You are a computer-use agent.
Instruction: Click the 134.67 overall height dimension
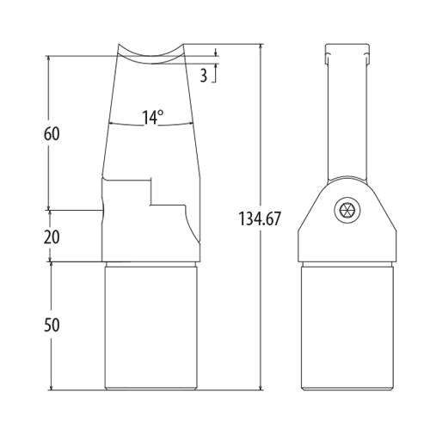pos(261,218)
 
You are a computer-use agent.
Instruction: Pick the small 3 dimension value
pos(203,75)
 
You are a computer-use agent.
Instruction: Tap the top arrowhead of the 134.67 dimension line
pos(261,45)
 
